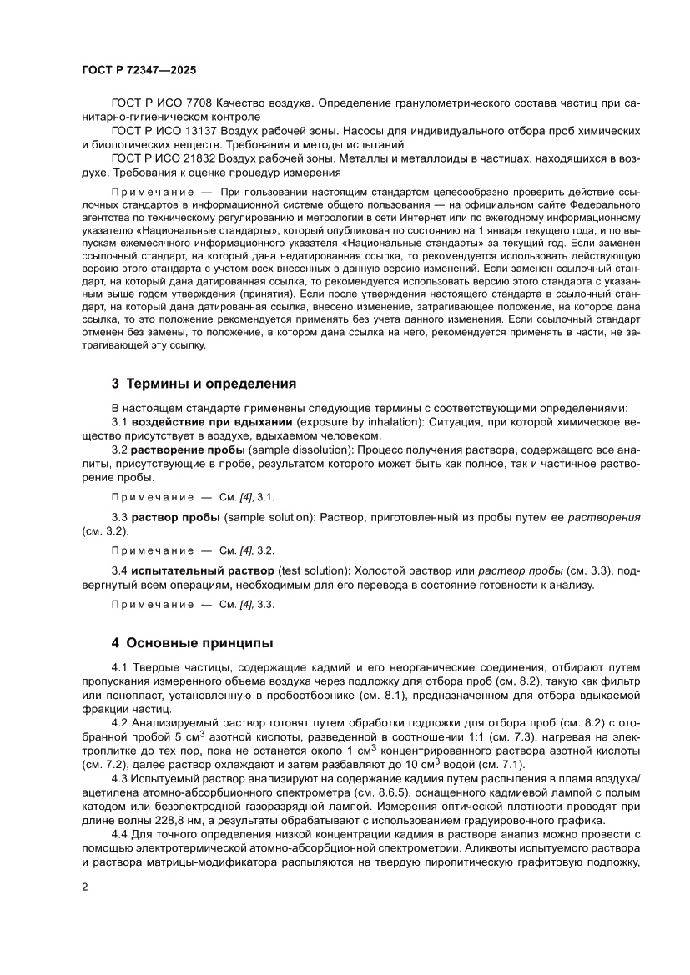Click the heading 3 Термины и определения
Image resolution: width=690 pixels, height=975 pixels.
click(204, 384)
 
